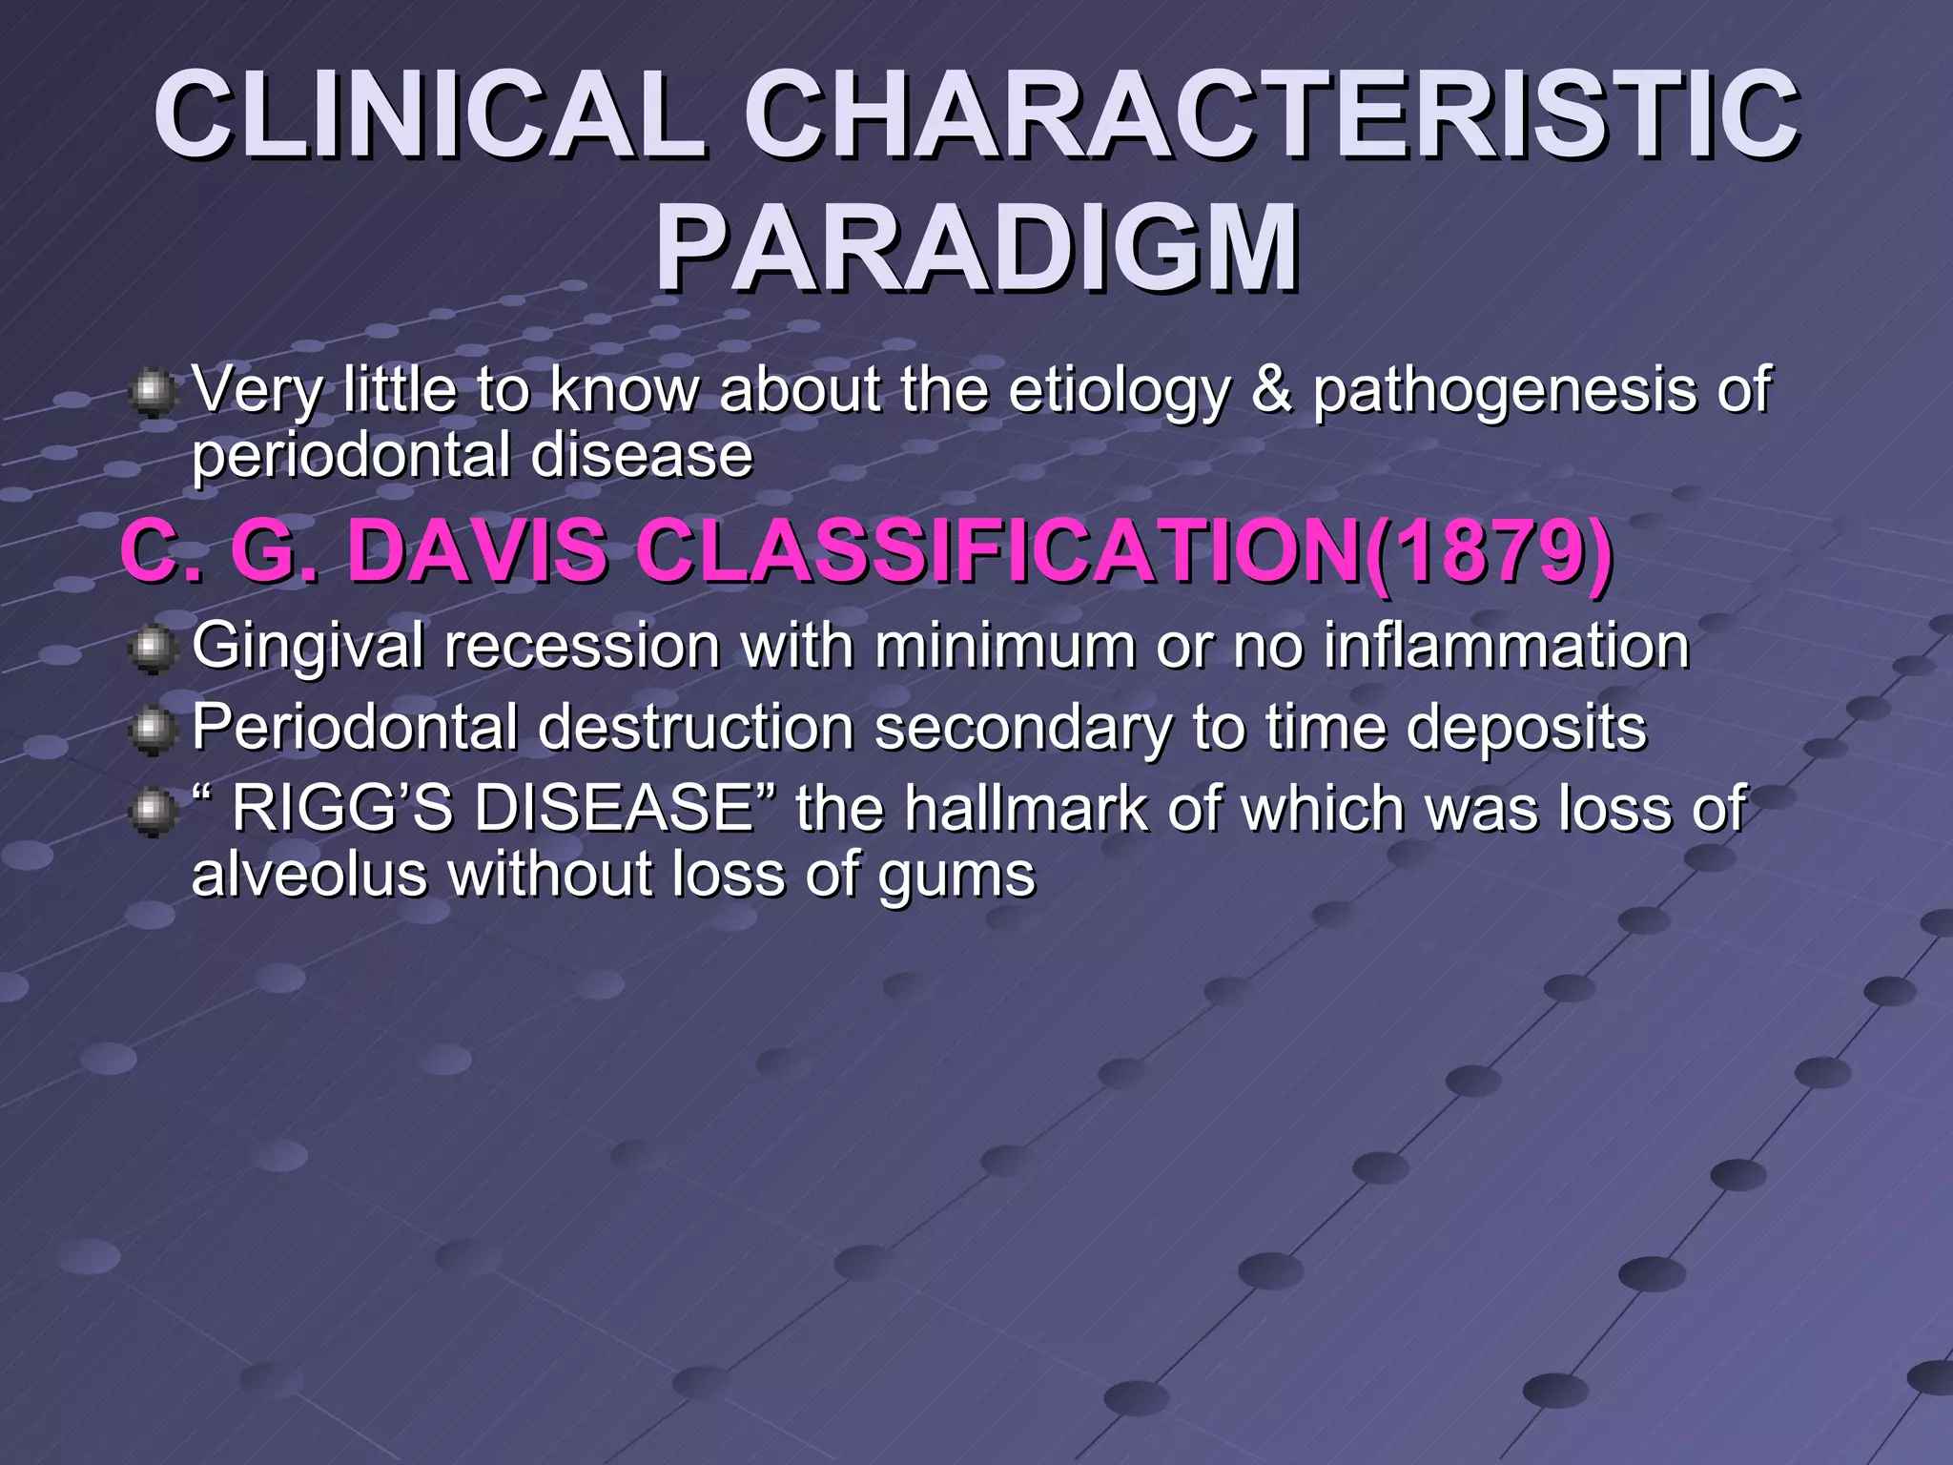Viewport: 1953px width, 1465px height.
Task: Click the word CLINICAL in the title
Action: [429, 116]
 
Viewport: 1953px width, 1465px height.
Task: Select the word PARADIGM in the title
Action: [976, 250]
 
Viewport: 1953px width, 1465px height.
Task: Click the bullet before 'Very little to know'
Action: [152, 394]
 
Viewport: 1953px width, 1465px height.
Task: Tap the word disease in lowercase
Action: [642, 455]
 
